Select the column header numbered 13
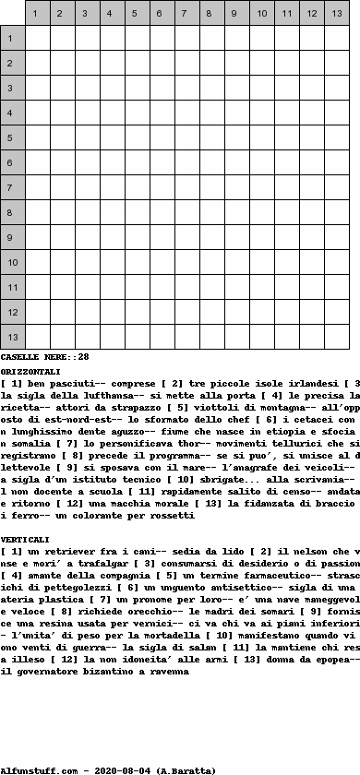point(336,14)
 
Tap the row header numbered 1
point(12,38)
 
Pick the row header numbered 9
point(12,237)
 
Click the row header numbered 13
point(12,337)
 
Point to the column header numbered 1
point(37,14)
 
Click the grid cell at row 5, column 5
point(137,137)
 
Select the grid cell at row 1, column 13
point(336,38)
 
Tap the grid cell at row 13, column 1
point(37,337)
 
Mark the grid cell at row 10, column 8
point(211,262)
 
